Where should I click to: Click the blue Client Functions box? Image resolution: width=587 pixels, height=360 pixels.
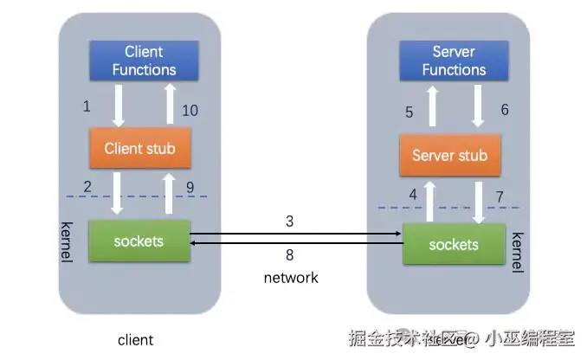(144, 61)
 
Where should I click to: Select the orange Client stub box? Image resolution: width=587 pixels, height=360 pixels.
(139, 148)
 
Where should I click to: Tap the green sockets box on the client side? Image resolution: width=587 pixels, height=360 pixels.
(139, 241)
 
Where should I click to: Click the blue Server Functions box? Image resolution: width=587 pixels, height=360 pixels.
(454, 61)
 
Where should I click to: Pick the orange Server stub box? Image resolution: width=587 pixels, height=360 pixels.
(449, 156)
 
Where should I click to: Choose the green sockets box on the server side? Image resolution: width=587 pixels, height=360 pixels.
(453, 244)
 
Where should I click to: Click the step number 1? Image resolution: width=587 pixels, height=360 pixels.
(87, 106)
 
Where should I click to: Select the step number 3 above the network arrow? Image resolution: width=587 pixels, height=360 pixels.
(290, 222)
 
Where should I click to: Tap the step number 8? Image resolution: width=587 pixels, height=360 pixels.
(290, 254)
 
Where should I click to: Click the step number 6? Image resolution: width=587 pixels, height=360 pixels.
(505, 110)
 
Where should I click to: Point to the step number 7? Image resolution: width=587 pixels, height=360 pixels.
(500, 197)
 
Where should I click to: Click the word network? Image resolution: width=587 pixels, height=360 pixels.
(291, 277)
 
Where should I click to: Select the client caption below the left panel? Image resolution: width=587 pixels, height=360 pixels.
(135, 340)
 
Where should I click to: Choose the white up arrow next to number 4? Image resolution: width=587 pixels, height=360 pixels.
(429, 199)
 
